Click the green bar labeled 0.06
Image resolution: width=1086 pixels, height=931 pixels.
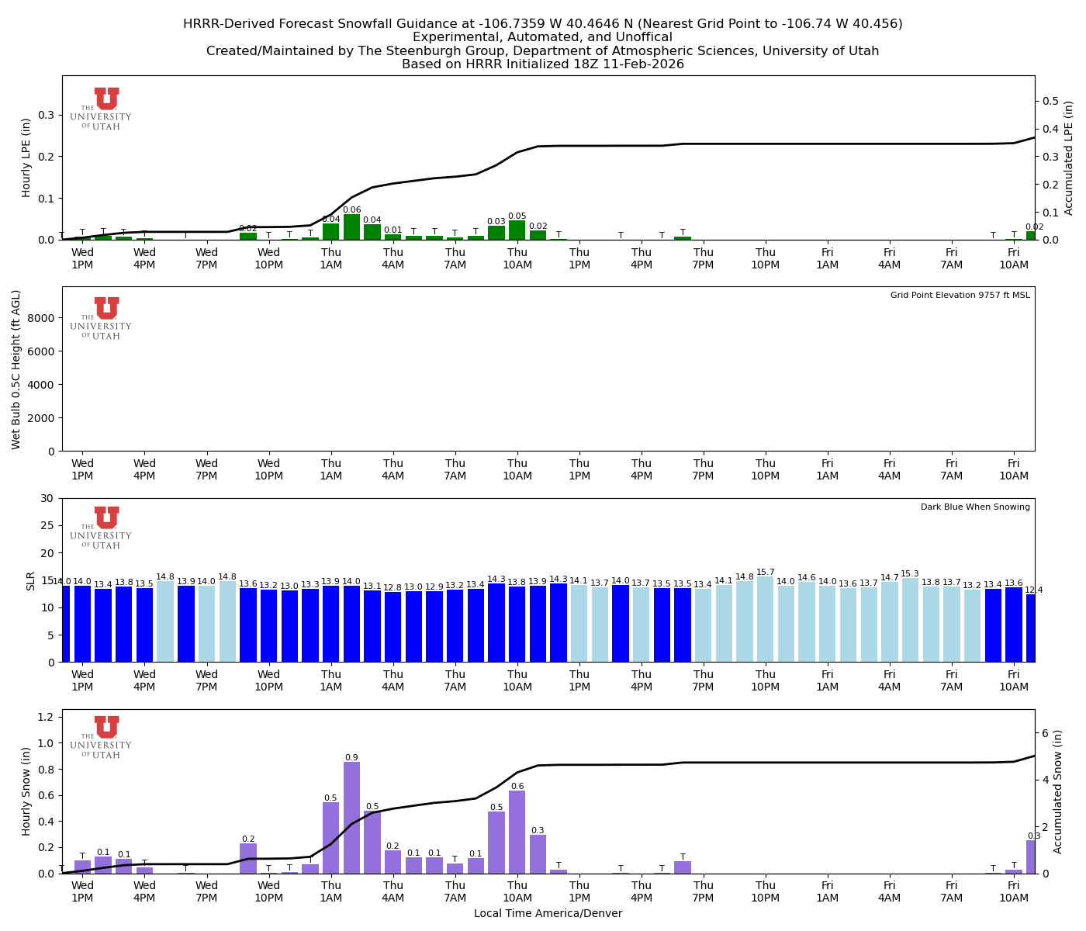tap(351, 227)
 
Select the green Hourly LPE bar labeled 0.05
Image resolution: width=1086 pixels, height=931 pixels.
tap(517, 230)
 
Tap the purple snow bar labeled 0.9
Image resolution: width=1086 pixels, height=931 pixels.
tap(351, 818)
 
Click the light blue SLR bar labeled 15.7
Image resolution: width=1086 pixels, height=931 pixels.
tap(766, 619)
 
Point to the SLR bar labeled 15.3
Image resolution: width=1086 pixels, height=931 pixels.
tap(910, 620)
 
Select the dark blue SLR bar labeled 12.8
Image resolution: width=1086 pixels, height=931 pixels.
tap(393, 627)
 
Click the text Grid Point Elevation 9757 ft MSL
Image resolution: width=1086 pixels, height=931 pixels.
tap(960, 296)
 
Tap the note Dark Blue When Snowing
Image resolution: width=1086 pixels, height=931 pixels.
tap(975, 507)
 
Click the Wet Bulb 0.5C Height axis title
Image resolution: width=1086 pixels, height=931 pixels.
tap(16, 369)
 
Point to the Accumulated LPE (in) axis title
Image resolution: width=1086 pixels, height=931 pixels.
tap(1068, 157)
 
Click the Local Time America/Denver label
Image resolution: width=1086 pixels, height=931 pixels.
tap(548, 914)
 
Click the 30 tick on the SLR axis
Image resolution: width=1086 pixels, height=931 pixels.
tap(48, 498)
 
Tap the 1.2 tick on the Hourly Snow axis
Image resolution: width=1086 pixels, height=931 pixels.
tap(46, 716)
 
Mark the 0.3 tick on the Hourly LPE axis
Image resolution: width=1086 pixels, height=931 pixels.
tap(46, 115)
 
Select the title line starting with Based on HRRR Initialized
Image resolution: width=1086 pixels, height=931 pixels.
tap(542, 64)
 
